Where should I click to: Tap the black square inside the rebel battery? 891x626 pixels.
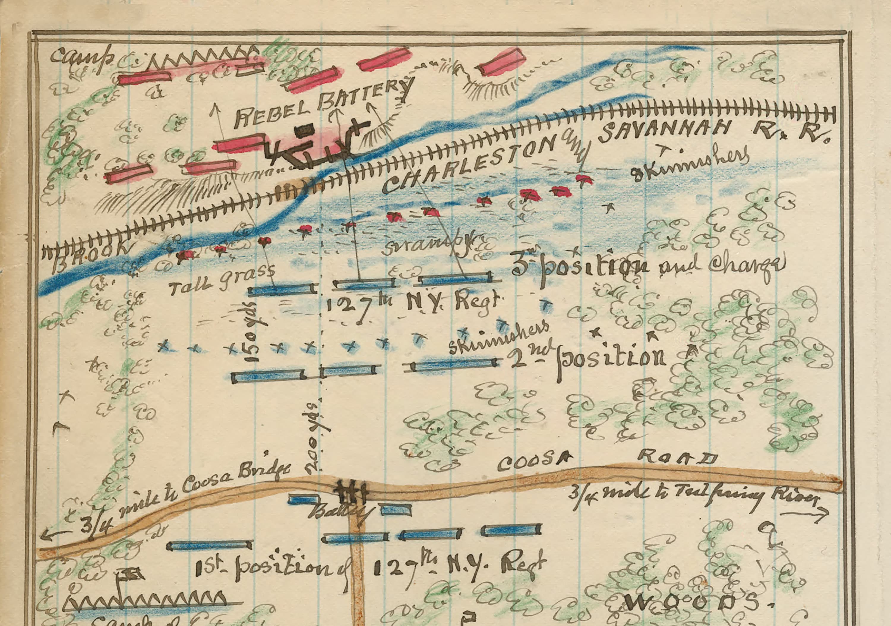click(307, 130)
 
